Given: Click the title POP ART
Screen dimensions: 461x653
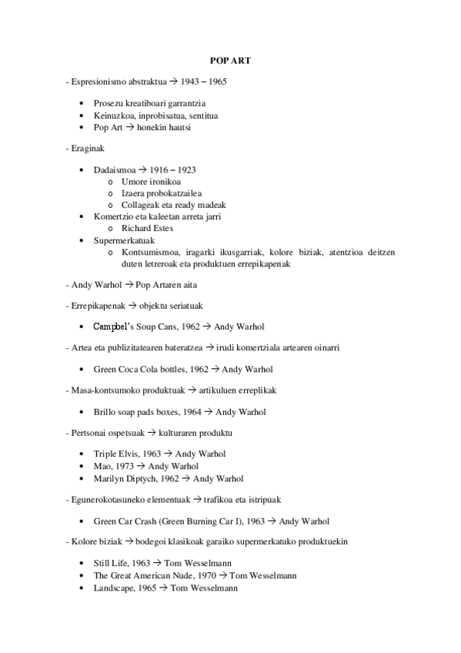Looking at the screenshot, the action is coord(229,60).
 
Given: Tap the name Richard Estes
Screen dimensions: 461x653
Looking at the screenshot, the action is coord(147,228).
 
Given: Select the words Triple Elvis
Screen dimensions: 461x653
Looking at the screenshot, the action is coord(116,454).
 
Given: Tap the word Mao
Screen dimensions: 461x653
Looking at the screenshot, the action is coord(101,466).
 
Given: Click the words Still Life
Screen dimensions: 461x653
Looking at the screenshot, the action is coord(111,564).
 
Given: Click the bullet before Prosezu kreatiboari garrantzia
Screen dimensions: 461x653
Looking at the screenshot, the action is coord(82,103).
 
